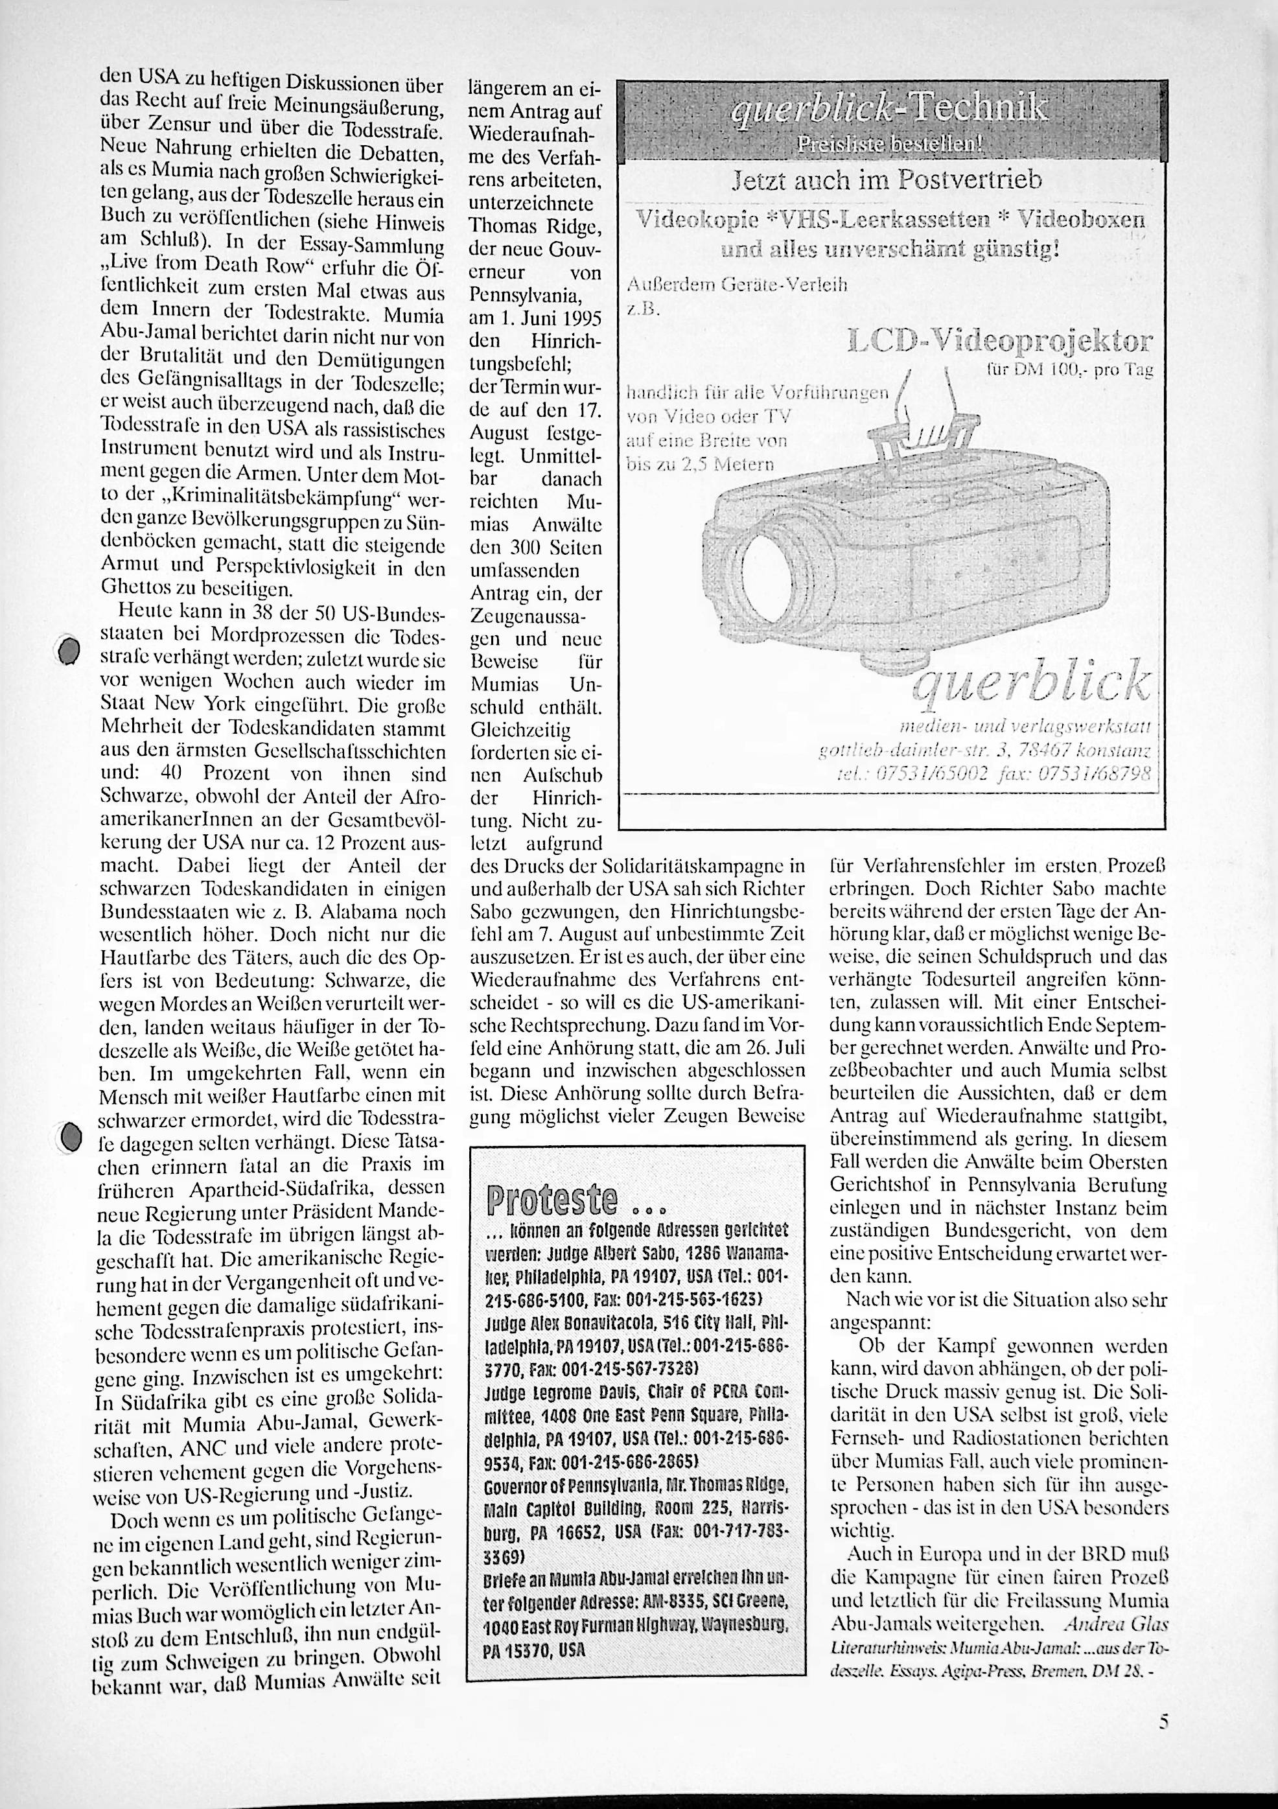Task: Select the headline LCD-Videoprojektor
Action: (1000, 344)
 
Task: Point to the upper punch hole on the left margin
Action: (71, 651)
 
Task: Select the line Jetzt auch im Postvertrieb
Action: (887, 181)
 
